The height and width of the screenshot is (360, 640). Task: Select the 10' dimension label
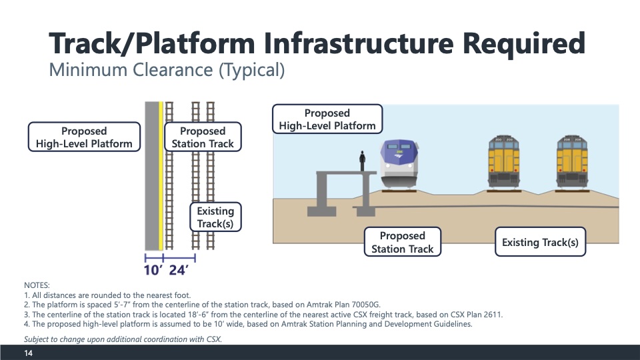pyautogui.click(x=152, y=270)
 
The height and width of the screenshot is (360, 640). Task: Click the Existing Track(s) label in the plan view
pyautogui.click(x=215, y=217)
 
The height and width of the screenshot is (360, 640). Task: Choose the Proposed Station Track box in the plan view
pyautogui.click(x=203, y=137)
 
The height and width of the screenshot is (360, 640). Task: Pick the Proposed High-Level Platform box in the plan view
pyautogui.click(x=84, y=137)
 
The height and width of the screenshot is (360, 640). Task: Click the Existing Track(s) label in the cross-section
pyautogui.click(x=540, y=242)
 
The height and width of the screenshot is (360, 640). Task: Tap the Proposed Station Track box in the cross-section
pyautogui.click(x=402, y=242)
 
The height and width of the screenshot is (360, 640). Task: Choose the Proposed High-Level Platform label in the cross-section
pyautogui.click(x=327, y=119)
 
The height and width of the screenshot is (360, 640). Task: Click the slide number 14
pyautogui.click(x=29, y=353)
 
